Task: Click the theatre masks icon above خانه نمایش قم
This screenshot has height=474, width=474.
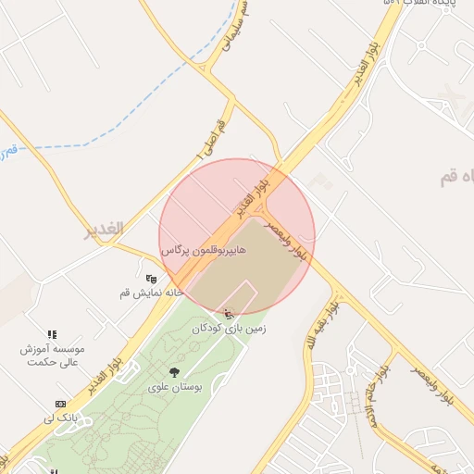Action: (x=152, y=278)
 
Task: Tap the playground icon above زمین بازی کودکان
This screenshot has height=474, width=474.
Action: (x=230, y=315)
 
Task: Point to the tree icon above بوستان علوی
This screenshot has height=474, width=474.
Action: (x=174, y=372)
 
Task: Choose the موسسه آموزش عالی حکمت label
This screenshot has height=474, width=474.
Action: (x=54, y=356)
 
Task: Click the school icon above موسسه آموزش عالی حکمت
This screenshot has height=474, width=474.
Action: (x=53, y=334)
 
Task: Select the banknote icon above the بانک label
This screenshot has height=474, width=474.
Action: (x=60, y=405)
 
